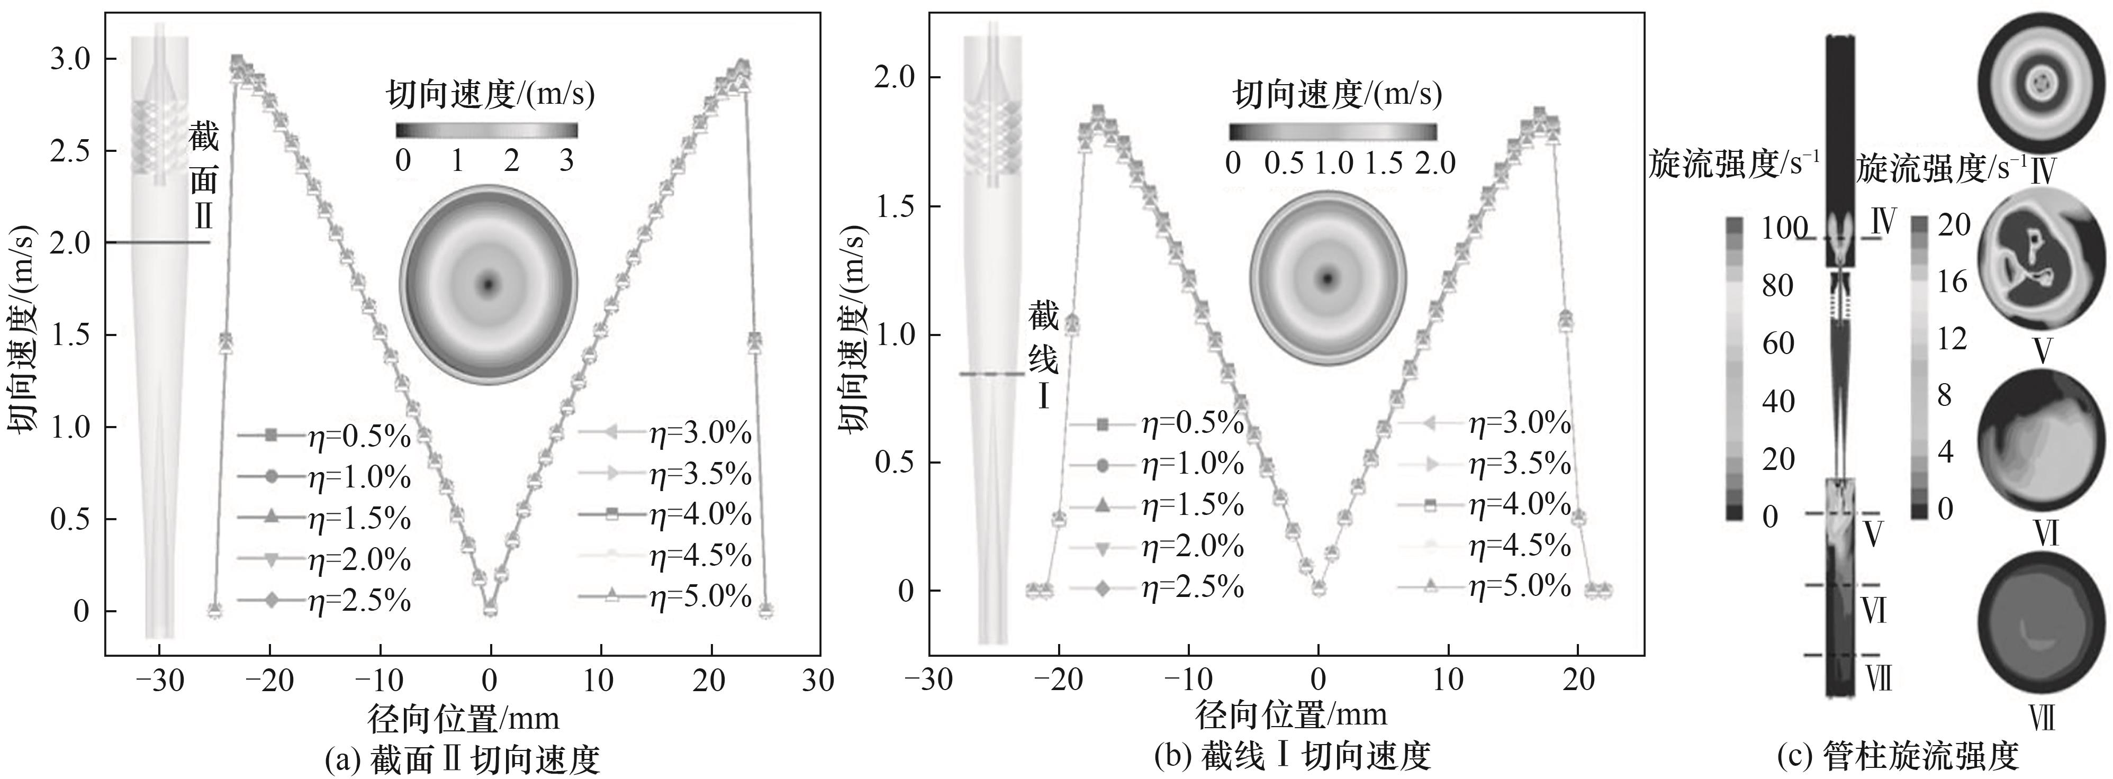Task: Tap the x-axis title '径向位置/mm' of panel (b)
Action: (1291, 715)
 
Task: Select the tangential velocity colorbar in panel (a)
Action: (486, 130)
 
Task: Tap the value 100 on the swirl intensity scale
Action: (1784, 229)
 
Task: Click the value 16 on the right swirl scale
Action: (1954, 282)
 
